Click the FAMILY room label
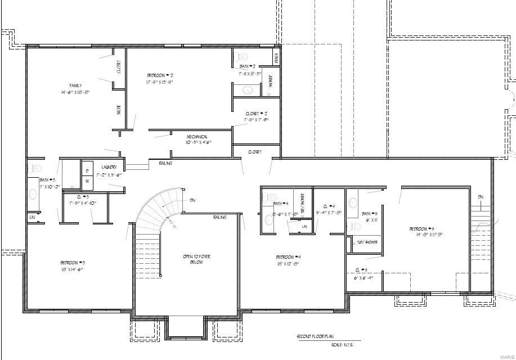click(x=75, y=85)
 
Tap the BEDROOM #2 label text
click(x=160, y=75)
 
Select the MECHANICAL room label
click(x=198, y=137)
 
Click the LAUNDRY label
click(x=109, y=167)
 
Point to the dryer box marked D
click(x=87, y=169)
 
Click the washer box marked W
click(x=87, y=181)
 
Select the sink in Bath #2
click(x=247, y=90)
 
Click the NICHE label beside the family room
click(x=119, y=110)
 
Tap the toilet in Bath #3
click(x=36, y=168)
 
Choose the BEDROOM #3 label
click(x=73, y=263)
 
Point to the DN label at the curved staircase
click(x=192, y=200)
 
